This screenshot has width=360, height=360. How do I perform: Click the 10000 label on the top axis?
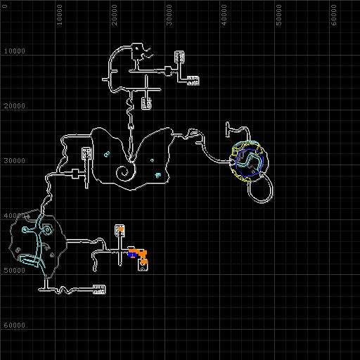60,15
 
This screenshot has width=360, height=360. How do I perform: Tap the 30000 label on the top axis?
169,15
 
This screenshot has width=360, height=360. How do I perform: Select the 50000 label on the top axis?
278,15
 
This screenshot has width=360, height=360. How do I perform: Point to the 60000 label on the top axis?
333,15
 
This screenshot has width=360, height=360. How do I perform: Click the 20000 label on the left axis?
15,106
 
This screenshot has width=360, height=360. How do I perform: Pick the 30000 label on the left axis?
15,161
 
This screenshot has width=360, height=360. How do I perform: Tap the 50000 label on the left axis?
15,271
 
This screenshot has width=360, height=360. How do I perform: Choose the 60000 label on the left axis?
15,326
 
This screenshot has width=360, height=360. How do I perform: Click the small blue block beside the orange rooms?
131,254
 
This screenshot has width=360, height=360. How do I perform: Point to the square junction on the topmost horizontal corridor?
168,71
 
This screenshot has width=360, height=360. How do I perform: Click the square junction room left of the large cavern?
75,174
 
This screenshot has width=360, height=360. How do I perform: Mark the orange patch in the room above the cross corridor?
121,228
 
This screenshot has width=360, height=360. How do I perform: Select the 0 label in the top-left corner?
5,6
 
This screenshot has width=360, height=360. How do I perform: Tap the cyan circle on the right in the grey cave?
47,230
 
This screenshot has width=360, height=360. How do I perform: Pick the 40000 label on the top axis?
224,15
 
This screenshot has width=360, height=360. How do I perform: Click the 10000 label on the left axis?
15,51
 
